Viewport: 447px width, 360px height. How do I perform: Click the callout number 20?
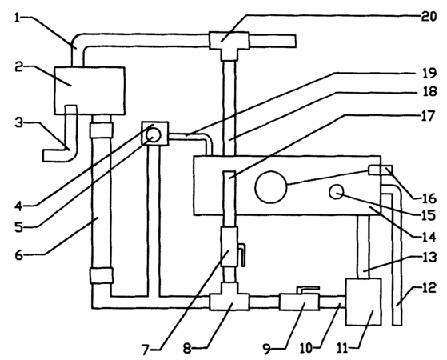pyautogui.click(x=429, y=17)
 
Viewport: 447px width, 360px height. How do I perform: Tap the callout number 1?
pyautogui.click(x=18, y=18)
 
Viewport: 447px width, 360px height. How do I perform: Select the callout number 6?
pyautogui.click(x=19, y=254)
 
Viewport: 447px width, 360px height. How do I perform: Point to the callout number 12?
pyautogui.click(x=429, y=288)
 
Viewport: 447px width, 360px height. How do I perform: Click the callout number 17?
pyautogui.click(x=428, y=116)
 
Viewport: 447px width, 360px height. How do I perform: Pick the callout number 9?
pyautogui.click(x=267, y=349)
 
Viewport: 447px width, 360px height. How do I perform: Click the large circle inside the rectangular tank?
pyautogui.click(x=270, y=187)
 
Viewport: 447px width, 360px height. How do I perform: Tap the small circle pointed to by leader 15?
pyautogui.click(x=337, y=192)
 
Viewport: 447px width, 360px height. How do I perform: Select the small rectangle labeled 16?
pyautogui.click(x=381, y=170)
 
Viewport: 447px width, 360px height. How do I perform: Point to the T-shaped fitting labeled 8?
pyautogui.click(x=229, y=299)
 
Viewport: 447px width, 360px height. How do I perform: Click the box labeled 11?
pyautogui.click(x=363, y=302)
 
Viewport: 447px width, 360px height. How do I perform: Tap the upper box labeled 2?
pyautogui.click(x=90, y=90)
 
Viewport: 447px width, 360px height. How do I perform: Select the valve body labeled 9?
pyautogui.click(x=299, y=302)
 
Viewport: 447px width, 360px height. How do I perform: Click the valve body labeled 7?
pyautogui.click(x=229, y=246)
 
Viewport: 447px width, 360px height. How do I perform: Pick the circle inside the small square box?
pyautogui.click(x=154, y=134)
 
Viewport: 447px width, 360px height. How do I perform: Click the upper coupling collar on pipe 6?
pyautogui.click(x=102, y=130)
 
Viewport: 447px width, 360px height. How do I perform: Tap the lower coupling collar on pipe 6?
pyautogui.click(x=102, y=275)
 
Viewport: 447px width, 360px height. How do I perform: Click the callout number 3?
pyautogui.click(x=19, y=123)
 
